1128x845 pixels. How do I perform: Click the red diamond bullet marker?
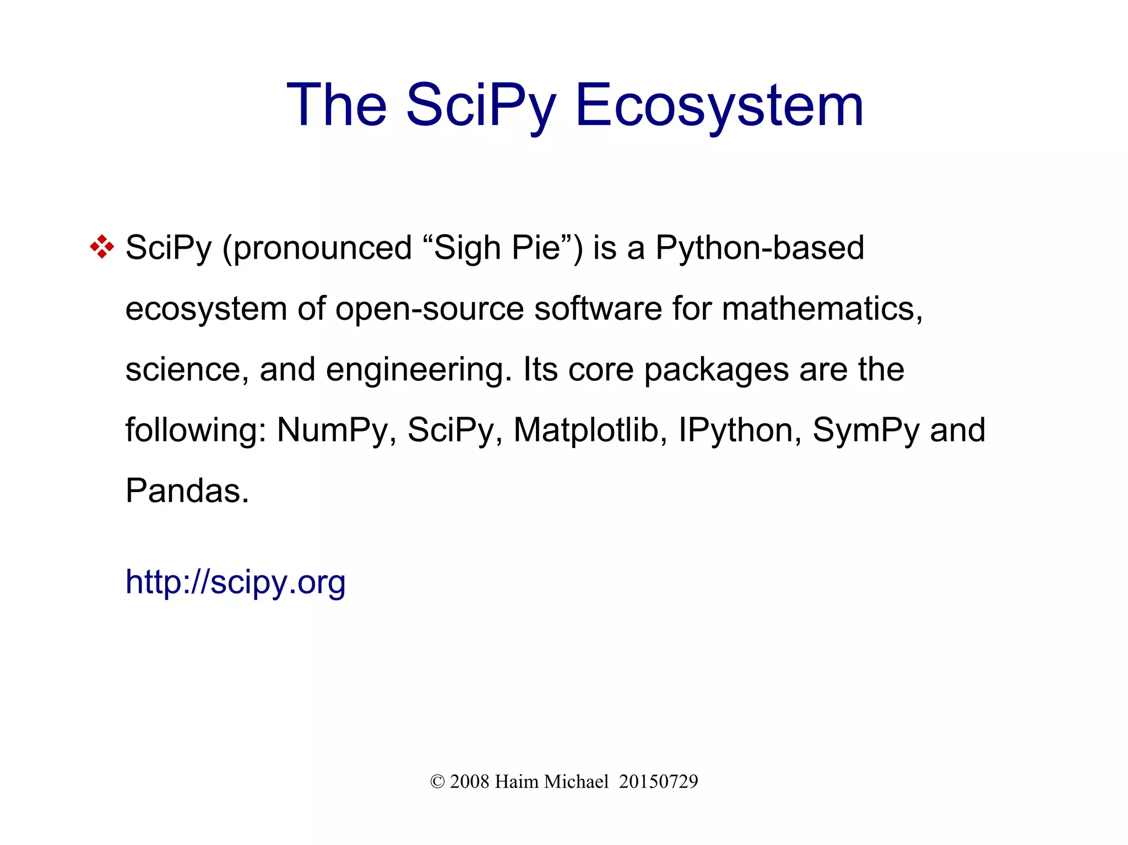tap(102, 247)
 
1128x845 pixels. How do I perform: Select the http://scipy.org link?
tap(235, 582)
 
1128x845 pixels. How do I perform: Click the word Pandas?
tap(187, 490)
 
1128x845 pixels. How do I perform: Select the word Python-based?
tap(760, 248)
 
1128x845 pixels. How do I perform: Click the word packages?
tap(717, 369)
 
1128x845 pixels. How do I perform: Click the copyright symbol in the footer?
tap(437, 782)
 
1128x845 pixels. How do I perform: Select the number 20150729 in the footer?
tap(658, 782)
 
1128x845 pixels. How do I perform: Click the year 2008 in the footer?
tap(469, 782)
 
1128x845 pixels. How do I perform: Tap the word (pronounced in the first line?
tap(317, 248)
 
